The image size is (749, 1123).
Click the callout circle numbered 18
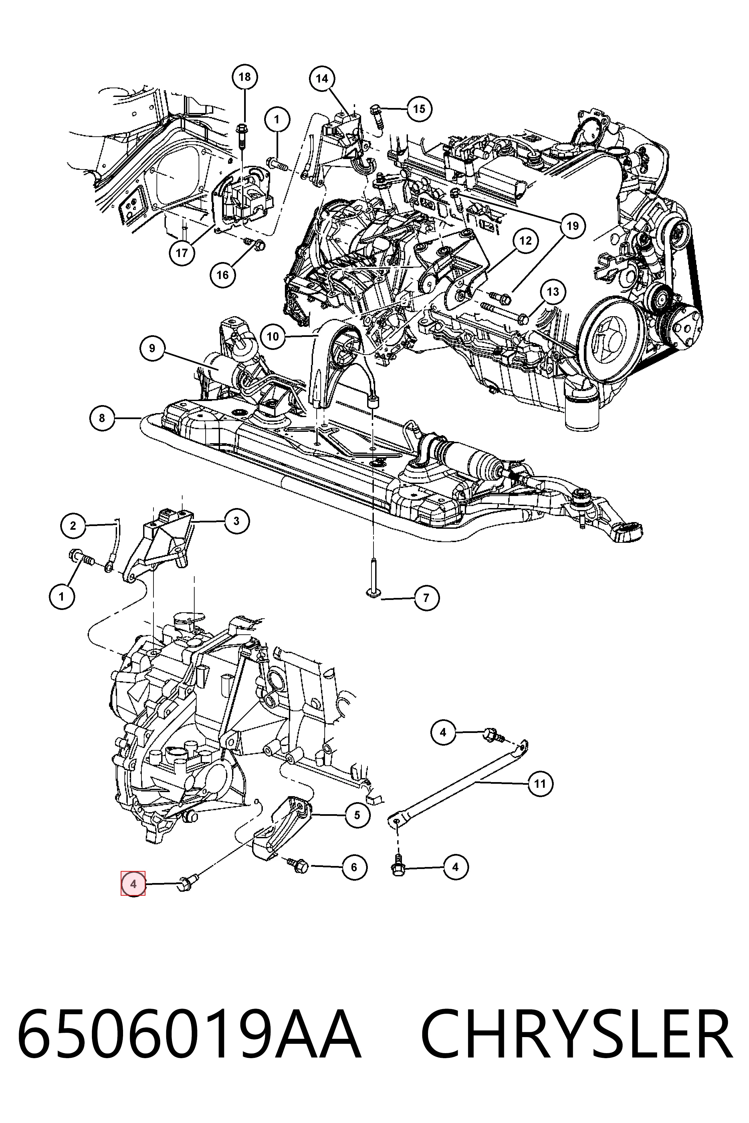pyautogui.click(x=244, y=77)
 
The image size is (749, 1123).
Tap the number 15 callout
pyautogui.click(x=419, y=109)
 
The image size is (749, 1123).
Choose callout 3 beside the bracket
pyautogui.click(x=236, y=521)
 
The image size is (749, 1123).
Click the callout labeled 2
pyautogui.click(x=73, y=526)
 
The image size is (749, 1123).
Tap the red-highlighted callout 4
pyautogui.click(x=133, y=884)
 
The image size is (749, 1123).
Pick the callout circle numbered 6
pyautogui.click(x=354, y=867)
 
